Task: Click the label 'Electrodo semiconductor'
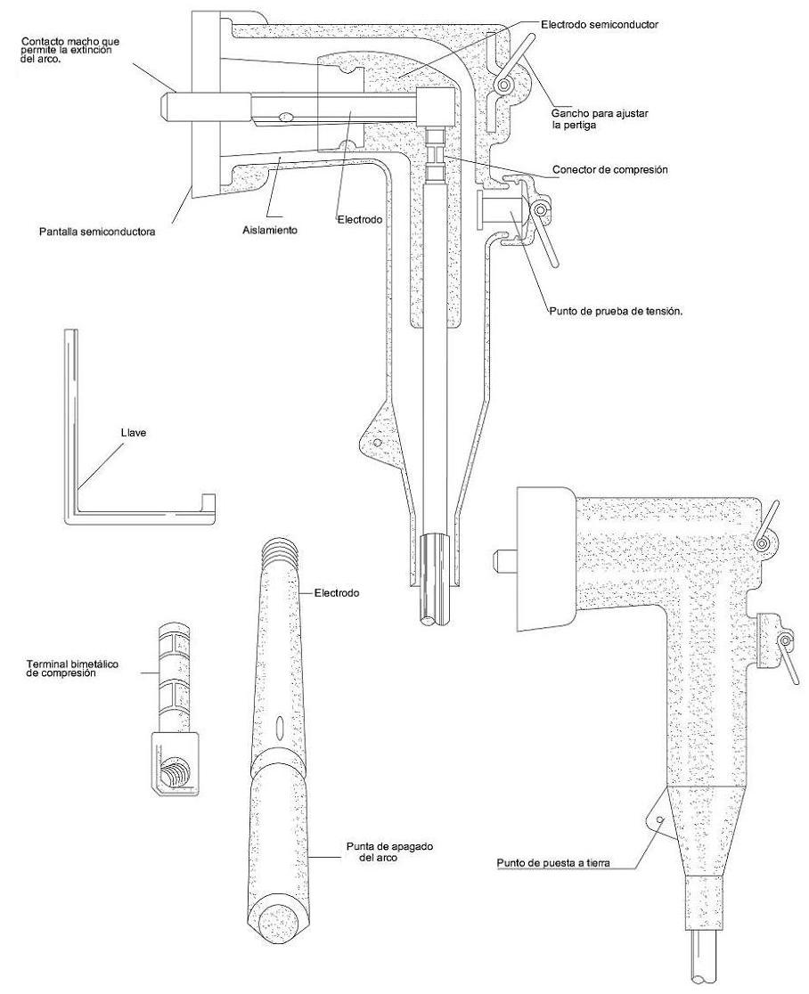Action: point(599,25)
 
